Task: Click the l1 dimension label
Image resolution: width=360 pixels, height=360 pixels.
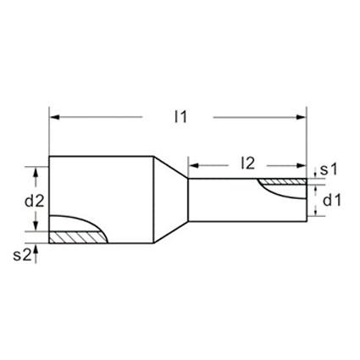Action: tap(180, 117)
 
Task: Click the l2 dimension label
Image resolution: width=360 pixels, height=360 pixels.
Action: tap(247, 163)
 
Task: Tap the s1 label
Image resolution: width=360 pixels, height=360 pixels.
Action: tap(329, 169)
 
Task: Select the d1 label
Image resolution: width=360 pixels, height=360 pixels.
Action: tap(332, 201)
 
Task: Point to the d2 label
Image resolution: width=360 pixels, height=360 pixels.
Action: tap(35, 202)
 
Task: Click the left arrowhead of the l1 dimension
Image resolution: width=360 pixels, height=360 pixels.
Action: tap(54, 117)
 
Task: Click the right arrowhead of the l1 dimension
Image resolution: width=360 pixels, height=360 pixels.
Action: tap(302, 117)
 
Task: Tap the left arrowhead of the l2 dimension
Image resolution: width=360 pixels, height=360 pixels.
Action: tap(193, 166)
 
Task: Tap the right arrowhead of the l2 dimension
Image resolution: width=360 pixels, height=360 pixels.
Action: tap(302, 166)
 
